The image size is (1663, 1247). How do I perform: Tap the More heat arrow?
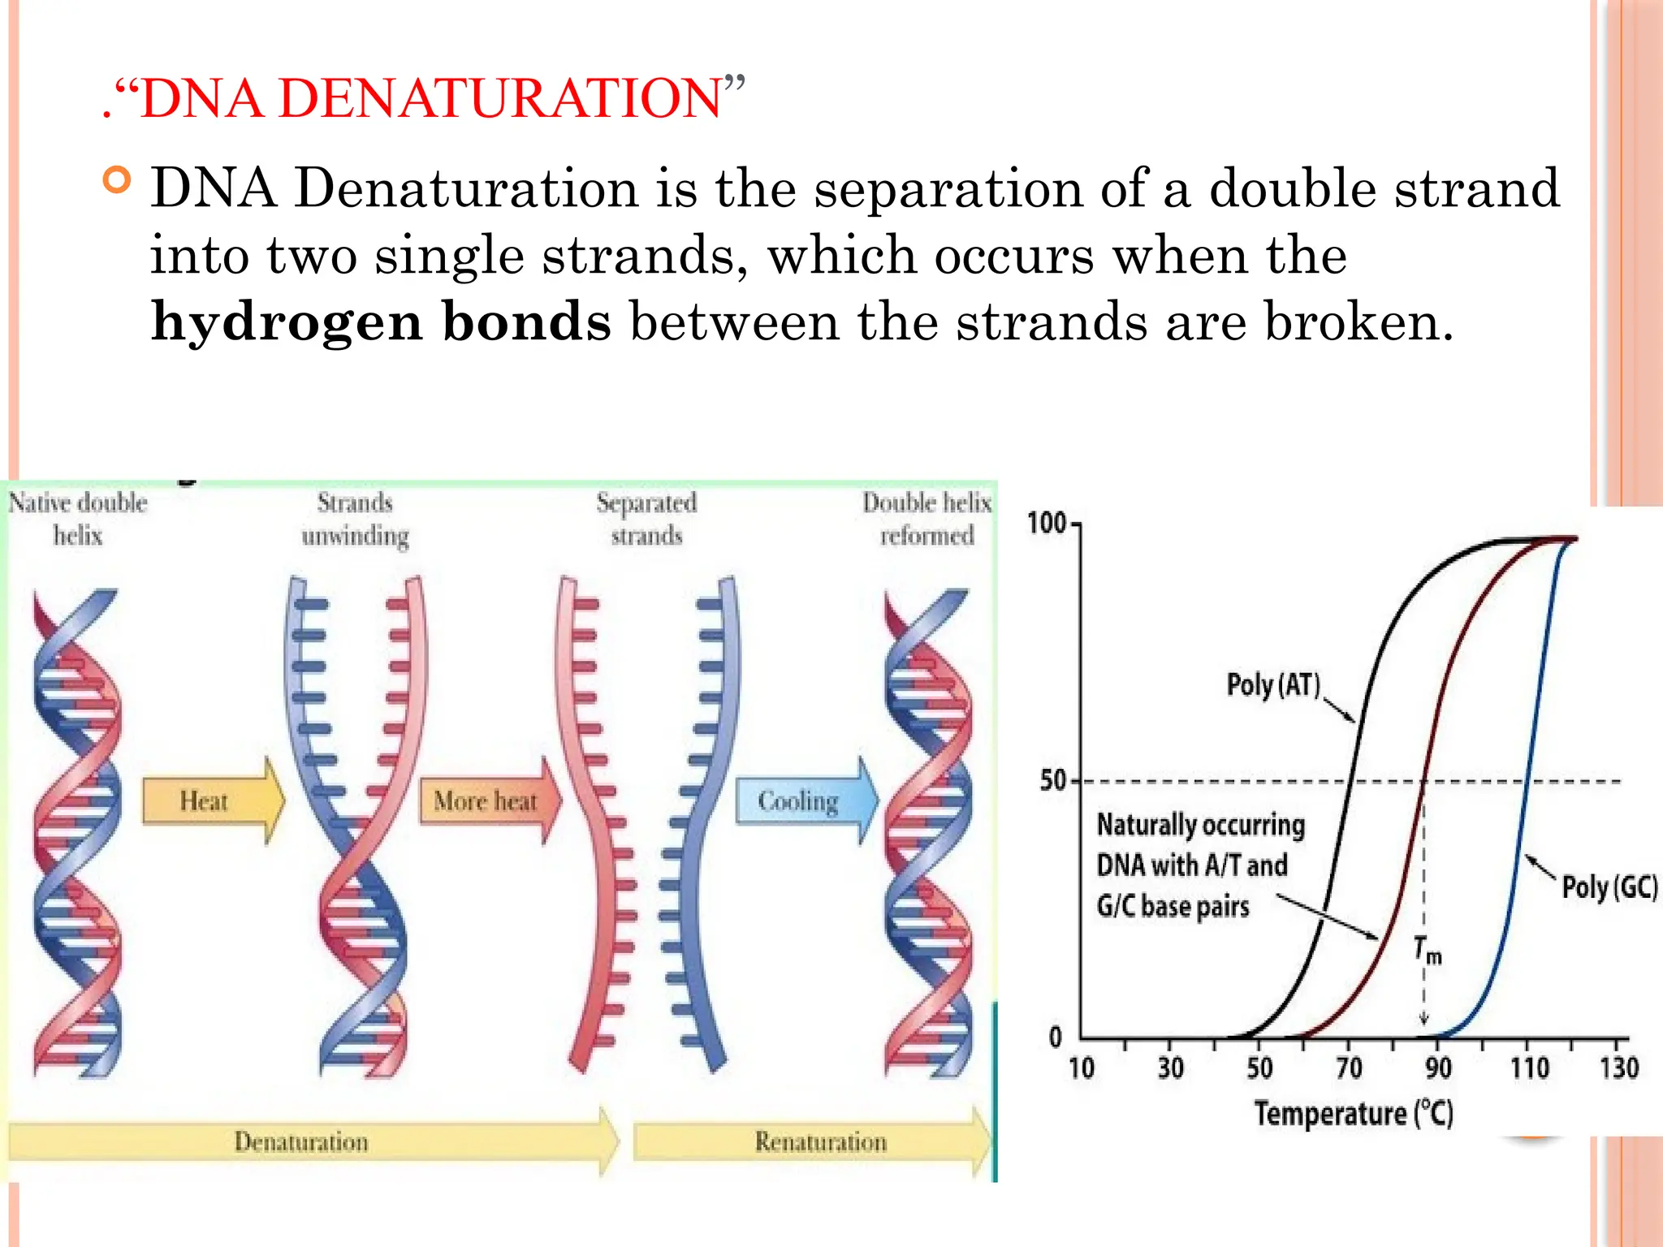tap(487, 801)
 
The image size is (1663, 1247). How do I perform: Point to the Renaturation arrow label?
tap(820, 1142)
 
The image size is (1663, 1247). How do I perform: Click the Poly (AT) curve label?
tap(1272, 685)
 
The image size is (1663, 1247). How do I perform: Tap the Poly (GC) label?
tap(1609, 887)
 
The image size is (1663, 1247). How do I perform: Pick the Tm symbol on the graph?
tap(1427, 949)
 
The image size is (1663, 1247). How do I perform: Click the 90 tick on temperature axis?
tap(1438, 1068)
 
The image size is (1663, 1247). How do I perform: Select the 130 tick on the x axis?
tap(1618, 1068)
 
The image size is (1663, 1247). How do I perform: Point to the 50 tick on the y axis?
tap(1053, 781)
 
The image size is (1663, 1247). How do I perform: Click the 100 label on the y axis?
tap(1047, 524)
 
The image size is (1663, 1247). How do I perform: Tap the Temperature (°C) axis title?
tap(1353, 1113)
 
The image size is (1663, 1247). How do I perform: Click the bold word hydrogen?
tap(287, 322)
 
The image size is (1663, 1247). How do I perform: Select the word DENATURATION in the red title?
tap(499, 99)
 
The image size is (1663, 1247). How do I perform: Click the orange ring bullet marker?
tap(118, 179)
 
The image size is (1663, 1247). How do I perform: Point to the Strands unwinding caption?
tap(355, 520)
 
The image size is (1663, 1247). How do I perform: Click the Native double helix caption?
tap(78, 520)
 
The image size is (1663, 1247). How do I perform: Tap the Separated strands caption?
tap(646, 520)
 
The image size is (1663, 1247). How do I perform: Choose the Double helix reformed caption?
tap(927, 520)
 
